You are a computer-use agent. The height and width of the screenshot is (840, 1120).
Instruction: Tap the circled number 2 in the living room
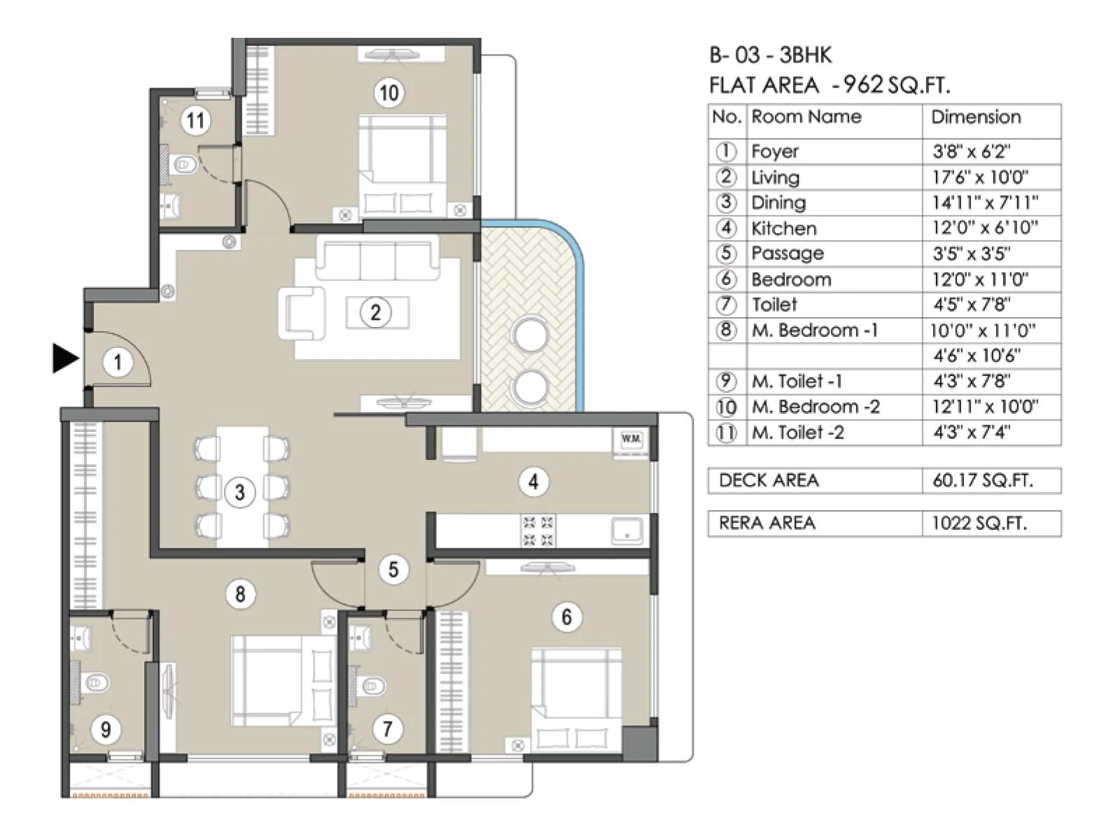coord(376,312)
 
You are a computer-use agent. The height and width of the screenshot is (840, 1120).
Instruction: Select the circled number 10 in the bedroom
coord(388,92)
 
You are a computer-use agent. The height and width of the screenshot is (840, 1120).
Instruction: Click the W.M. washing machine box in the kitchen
coord(631,439)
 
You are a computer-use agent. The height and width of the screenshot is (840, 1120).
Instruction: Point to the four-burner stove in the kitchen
coord(538,531)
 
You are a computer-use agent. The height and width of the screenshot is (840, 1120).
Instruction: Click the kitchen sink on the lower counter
coord(626,531)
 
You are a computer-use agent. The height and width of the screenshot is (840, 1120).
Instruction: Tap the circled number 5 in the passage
coord(393,570)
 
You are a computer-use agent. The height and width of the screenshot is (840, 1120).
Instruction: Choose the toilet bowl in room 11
coord(183,165)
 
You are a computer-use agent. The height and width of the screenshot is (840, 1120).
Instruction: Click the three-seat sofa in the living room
coord(378,258)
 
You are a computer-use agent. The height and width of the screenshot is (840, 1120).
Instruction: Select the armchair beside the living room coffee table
coord(303,312)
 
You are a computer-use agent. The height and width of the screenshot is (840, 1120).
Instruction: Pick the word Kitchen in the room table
coord(783,228)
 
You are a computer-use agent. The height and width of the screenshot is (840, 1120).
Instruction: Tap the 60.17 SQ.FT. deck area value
coord(982,480)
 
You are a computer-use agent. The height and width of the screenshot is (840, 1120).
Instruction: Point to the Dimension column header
coord(976,117)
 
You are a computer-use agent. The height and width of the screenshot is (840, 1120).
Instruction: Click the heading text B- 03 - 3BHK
coord(770,55)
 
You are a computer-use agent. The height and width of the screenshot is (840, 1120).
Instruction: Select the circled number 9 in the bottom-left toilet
coord(106,730)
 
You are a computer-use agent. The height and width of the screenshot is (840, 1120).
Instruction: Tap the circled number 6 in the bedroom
coord(566,617)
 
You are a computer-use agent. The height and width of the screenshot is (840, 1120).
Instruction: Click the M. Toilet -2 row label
coord(797,433)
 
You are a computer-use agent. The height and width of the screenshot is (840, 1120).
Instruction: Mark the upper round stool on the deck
coord(530,334)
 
